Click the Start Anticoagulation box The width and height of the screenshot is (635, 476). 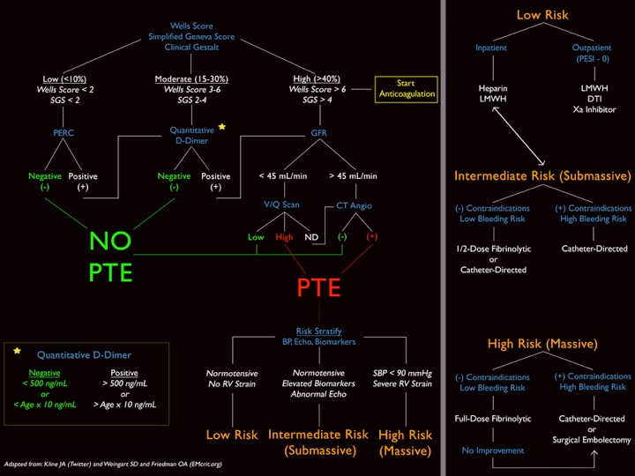pos(407,88)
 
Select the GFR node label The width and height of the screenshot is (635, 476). pos(318,135)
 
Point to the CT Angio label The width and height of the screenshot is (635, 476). pos(355,205)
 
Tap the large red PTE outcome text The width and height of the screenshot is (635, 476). pos(318,287)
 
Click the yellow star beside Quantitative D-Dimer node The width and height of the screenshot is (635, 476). pos(222,126)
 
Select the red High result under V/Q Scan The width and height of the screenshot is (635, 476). pos(284,237)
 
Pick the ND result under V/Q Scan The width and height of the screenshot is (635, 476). pos(310,237)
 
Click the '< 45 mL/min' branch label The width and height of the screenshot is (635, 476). pos(280,176)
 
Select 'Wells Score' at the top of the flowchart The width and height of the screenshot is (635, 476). pos(191,26)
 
